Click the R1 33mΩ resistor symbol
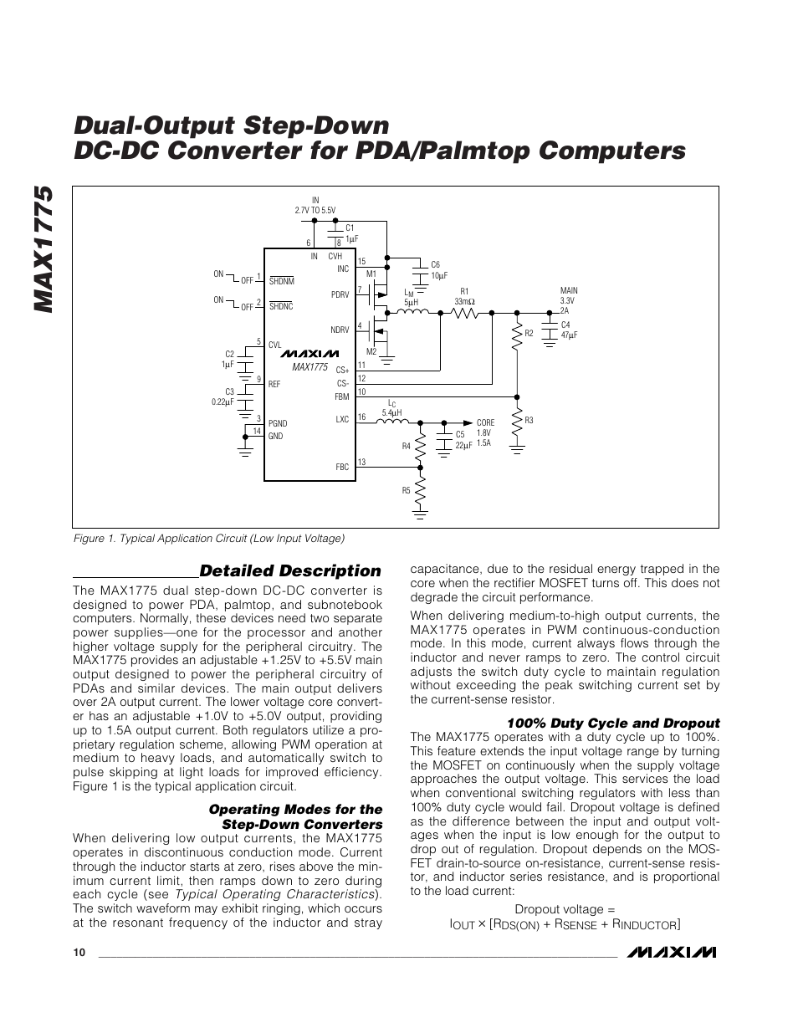pos(464,313)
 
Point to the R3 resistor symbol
pos(518,421)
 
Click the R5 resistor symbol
pos(420,490)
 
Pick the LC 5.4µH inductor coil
pos(391,423)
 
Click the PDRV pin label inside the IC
pos(340,295)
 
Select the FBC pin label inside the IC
pos(341,468)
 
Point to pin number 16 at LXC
pos(361,417)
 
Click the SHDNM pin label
pos(281,281)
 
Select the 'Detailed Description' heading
pos(289,571)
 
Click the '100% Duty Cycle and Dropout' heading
pos(614,724)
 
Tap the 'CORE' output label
pos(485,423)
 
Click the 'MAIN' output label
pos(569,290)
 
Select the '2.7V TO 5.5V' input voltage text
pos(315,211)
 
